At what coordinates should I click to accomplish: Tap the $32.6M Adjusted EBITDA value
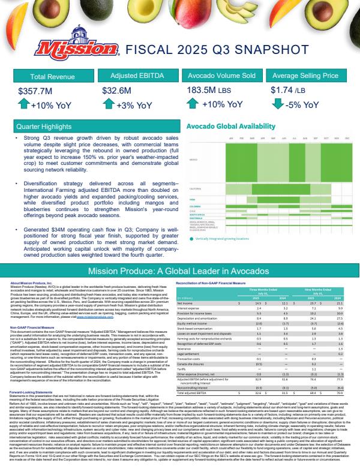click(x=117, y=91)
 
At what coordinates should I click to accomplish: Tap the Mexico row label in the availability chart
click(x=193, y=160)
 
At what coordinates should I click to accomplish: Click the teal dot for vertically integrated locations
click(x=190, y=238)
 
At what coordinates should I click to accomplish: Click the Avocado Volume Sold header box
click(x=220, y=76)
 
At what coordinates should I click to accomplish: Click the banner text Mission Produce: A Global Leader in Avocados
click(x=179, y=271)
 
